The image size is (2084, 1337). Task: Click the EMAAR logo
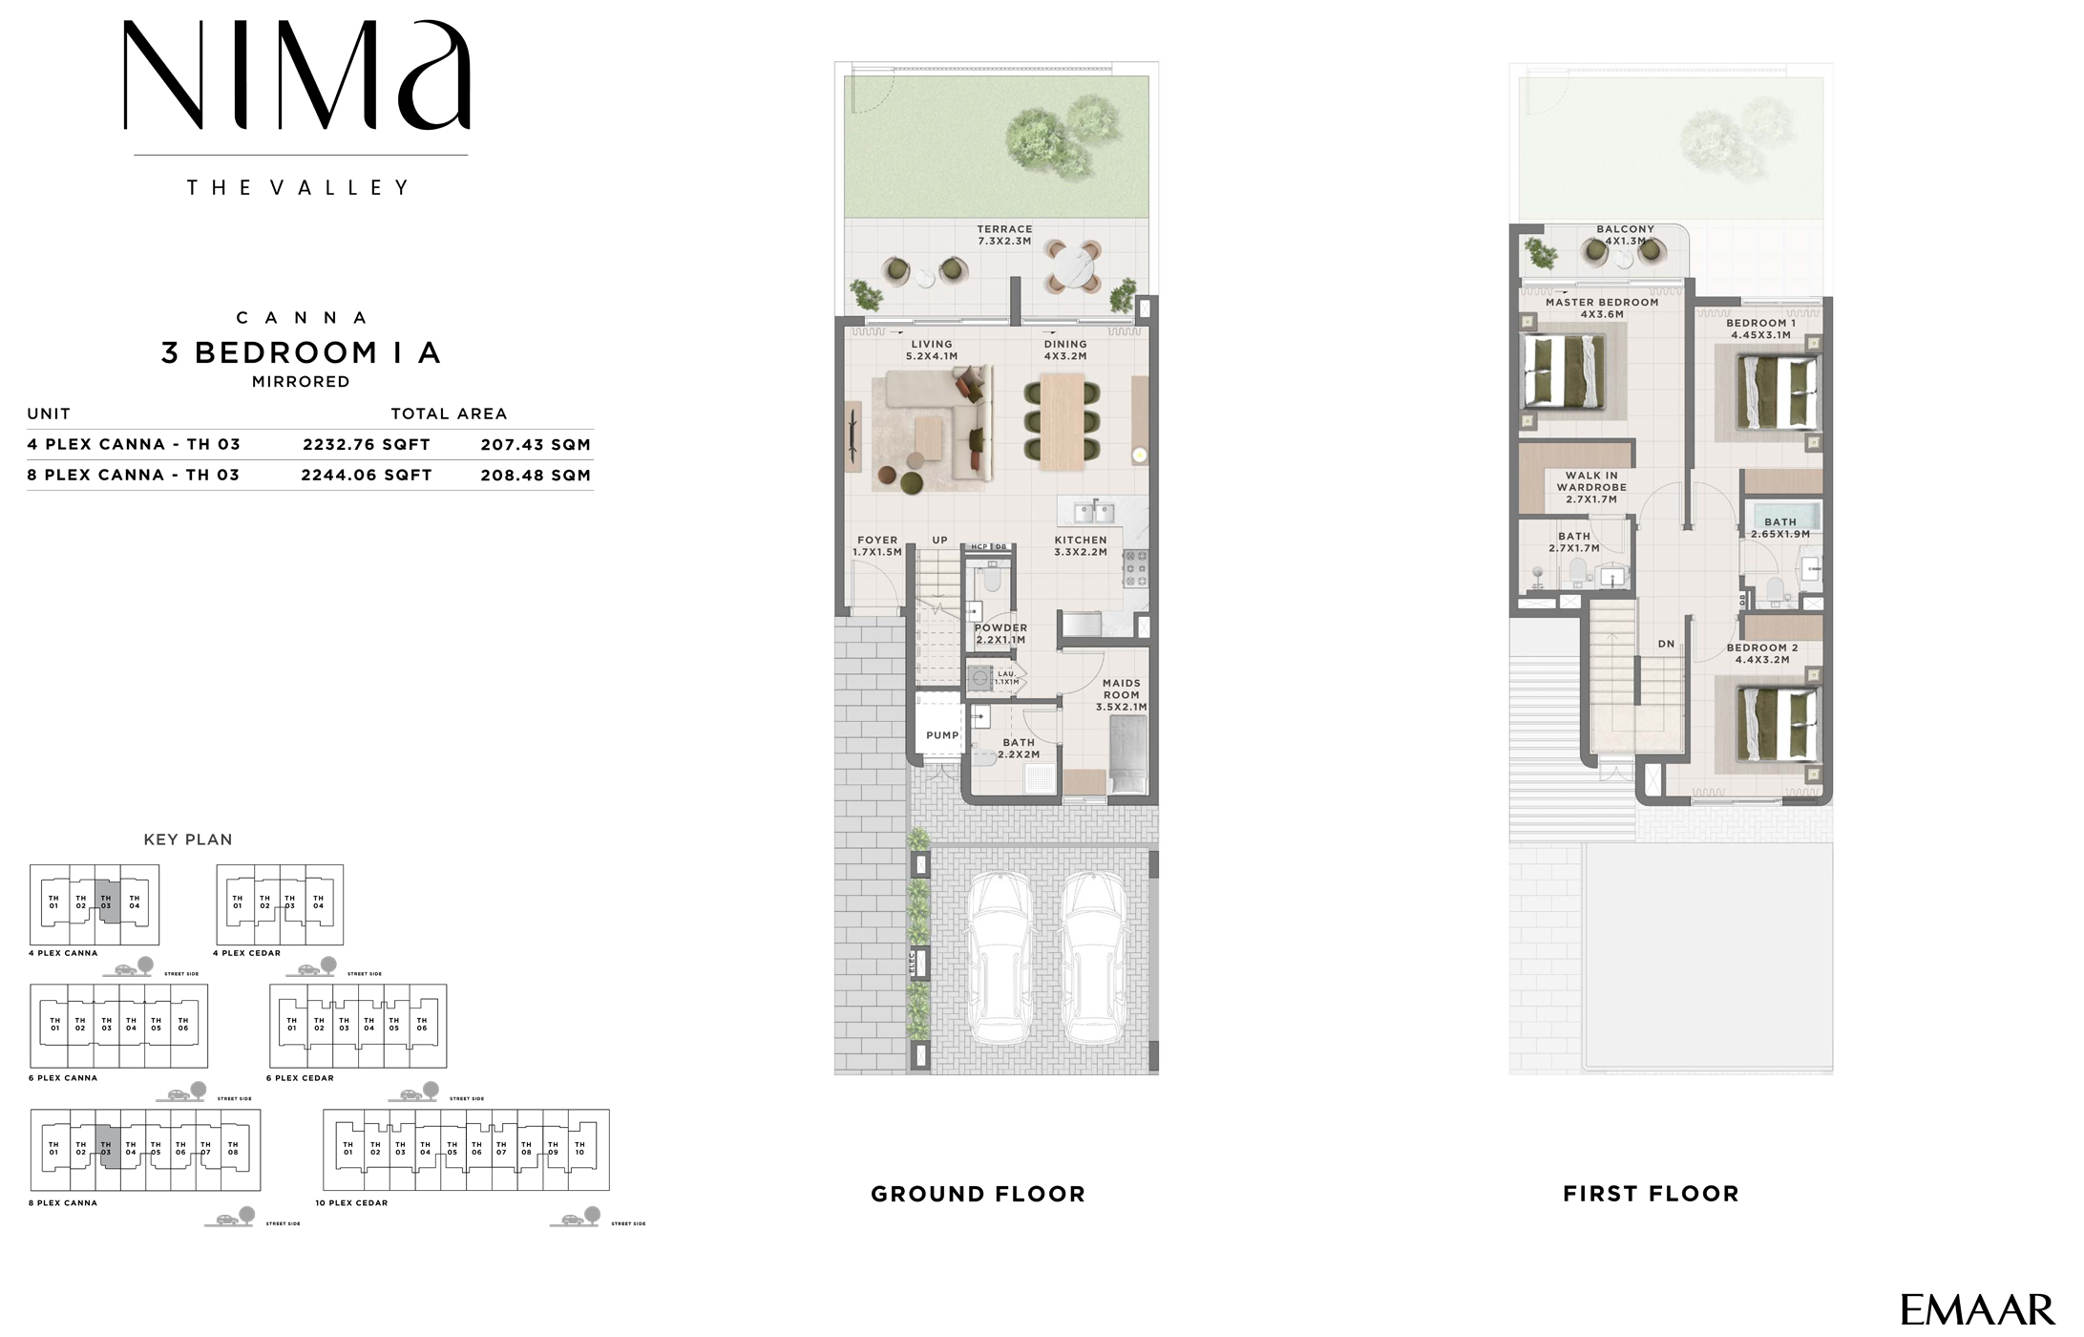click(1976, 1309)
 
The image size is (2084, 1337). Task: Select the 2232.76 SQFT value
click(367, 444)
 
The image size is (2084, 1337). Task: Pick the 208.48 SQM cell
click(536, 475)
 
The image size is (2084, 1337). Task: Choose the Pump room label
click(942, 735)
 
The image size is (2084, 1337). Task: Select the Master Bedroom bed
click(1562, 373)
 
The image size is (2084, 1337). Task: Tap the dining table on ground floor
click(1062, 421)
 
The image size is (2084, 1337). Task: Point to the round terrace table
click(1071, 267)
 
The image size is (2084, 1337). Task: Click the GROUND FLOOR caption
click(978, 1194)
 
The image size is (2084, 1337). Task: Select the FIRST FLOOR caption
click(1651, 1194)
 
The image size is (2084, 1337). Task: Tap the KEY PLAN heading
click(188, 839)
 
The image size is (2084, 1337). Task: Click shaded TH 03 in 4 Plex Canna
click(107, 902)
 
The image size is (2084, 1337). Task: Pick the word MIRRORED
click(301, 382)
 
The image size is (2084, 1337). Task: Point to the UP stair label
click(940, 541)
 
